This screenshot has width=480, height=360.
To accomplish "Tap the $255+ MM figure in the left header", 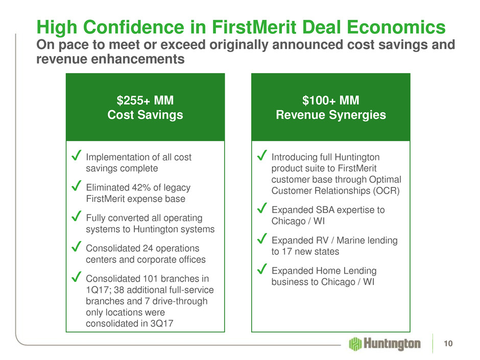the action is [x=145, y=101].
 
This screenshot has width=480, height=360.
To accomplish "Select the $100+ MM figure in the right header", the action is [x=330, y=101].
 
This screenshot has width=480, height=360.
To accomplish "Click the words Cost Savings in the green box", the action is [x=145, y=115].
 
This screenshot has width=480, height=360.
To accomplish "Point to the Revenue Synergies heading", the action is [x=330, y=115].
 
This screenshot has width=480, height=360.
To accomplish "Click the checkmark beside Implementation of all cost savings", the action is [x=76, y=155].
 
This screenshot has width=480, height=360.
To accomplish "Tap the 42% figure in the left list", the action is [x=141, y=187].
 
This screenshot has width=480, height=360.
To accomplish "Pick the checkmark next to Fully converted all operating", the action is [x=76, y=216].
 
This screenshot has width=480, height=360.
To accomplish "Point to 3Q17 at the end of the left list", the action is [x=162, y=324].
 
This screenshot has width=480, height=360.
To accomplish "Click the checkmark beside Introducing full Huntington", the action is [x=262, y=155].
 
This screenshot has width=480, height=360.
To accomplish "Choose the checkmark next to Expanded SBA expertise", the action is [x=262, y=208].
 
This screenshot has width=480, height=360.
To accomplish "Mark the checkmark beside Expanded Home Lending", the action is [x=262, y=269].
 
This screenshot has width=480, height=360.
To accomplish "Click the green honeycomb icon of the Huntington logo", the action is [x=355, y=344].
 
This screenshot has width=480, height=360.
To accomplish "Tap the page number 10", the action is [x=448, y=344].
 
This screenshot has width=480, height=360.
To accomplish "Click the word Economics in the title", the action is [x=396, y=27].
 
